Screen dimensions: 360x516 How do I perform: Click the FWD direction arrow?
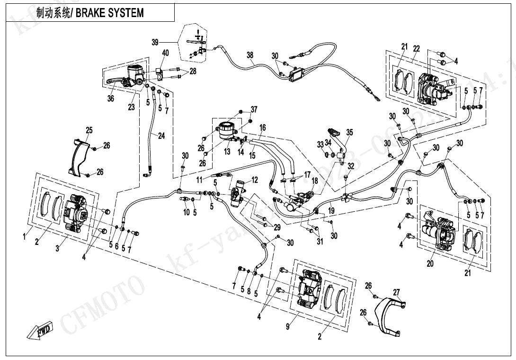[x=40, y=330]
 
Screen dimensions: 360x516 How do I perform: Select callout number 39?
[x=155, y=42]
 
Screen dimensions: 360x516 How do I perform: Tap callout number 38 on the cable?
[x=250, y=55]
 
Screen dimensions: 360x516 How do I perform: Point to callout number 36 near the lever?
[x=110, y=99]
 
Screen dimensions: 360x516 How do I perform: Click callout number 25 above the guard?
[x=89, y=130]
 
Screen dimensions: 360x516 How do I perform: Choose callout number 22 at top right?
[x=416, y=49]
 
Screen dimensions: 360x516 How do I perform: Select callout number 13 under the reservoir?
[x=227, y=152]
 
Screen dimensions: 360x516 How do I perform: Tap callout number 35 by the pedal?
[x=349, y=133]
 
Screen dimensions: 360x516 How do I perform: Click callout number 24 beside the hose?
[x=161, y=136]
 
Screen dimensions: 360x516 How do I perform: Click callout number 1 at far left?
[x=25, y=237]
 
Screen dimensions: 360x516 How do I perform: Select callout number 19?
[x=331, y=210]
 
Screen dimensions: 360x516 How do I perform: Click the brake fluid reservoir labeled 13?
[x=226, y=129]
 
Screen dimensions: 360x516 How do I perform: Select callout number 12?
[x=255, y=180]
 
